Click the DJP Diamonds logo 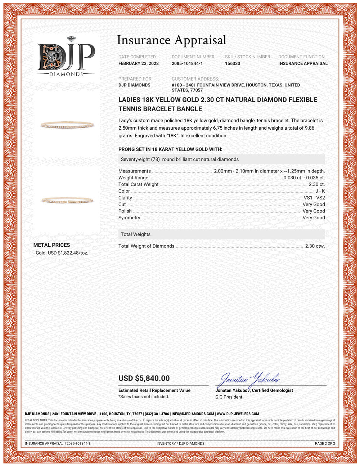[66, 57]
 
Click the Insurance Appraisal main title [172, 40]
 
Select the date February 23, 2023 [139, 63]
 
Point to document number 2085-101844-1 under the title [187, 63]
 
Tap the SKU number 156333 [233, 63]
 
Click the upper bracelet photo [67, 125]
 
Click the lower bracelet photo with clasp [67, 200]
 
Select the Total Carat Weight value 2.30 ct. [316, 184]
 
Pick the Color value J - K [320, 191]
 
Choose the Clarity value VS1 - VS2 [314, 198]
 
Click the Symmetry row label [129, 218]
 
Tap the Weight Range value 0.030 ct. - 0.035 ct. [304, 178]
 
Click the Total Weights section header [136, 234]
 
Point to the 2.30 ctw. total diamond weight [315, 246]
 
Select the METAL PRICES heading [51, 245]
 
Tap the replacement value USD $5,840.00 [144, 378]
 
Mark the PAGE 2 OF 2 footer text [325, 443]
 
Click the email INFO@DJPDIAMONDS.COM [193, 414]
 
